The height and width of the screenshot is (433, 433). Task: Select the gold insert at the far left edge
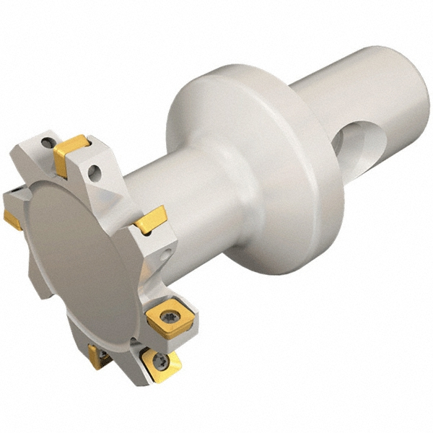click(x=12, y=219)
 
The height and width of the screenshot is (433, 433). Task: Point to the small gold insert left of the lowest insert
click(x=95, y=355)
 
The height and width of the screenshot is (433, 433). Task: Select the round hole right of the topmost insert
click(x=93, y=172)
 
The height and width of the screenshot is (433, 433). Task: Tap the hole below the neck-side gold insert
click(x=167, y=253)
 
